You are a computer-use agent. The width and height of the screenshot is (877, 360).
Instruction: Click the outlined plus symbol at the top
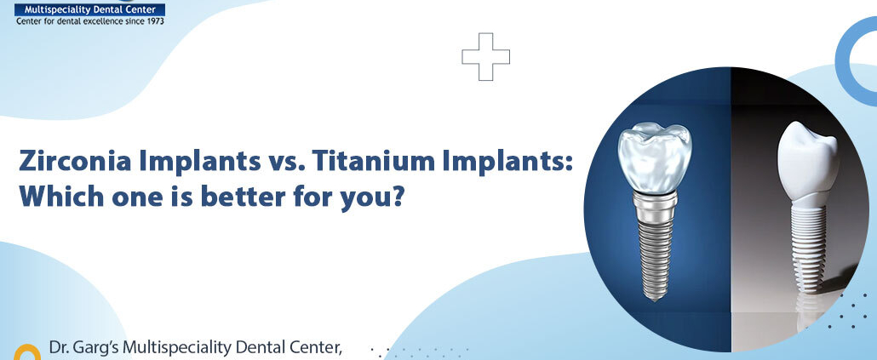pos(486,55)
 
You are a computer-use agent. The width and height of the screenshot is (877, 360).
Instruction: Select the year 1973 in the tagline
pos(150,20)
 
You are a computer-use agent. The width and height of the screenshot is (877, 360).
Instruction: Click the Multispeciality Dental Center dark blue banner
pos(90,9)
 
